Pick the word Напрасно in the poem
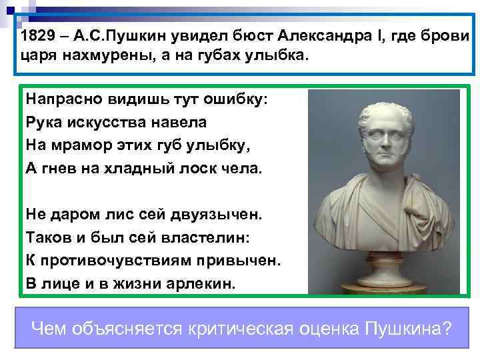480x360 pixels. (60, 99)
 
